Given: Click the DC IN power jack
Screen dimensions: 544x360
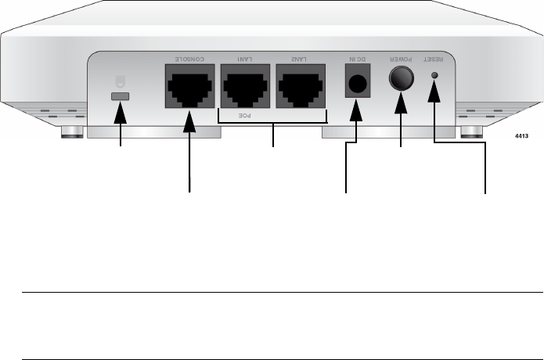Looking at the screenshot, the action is [356, 82].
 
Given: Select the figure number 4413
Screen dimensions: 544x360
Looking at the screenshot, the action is [522, 135].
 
